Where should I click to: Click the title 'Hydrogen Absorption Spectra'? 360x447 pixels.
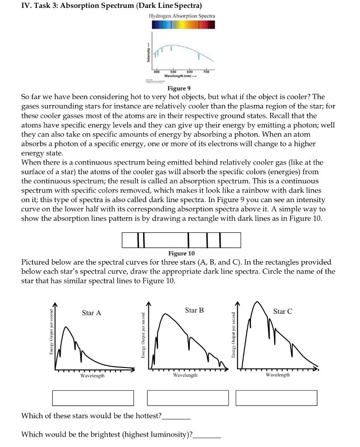pyautogui.click(x=182, y=16)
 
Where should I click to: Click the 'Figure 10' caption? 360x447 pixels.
pyautogui.click(x=181, y=253)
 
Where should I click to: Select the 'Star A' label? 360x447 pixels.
pyautogui.click(x=91, y=313)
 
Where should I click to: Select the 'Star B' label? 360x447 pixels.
pyautogui.click(x=194, y=310)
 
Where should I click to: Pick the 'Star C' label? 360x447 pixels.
pyautogui.click(x=282, y=311)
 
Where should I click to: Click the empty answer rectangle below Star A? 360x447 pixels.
pyautogui.click(x=93, y=398)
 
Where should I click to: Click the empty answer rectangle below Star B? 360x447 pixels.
pyautogui.click(x=188, y=398)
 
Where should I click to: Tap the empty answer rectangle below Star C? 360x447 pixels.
pyautogui.click(x=277, y=398)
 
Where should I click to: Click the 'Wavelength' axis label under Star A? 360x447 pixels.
pyautogui.click(x=92, y=375)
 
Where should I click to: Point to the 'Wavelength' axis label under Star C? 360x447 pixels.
pyautogui.click(x=278, y=375)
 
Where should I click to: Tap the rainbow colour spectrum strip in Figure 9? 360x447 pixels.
pyautogui.click(x=183, y=25)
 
